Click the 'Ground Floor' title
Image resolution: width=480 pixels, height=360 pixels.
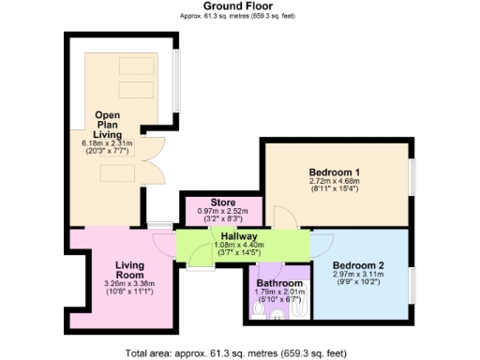coord(239,6)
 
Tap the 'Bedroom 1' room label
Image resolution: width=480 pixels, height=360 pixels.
coord(335,172)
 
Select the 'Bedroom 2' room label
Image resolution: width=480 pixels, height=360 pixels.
coord(360,265)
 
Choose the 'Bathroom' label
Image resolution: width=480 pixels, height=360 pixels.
coord(280,282)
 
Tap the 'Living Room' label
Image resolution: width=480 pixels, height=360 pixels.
coord(123,271)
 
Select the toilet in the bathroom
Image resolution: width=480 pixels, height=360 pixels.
coord(277,315)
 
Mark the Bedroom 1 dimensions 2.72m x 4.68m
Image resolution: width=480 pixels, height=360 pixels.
coord(335,185)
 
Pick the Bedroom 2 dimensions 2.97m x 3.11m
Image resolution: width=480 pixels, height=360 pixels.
coord(360,277)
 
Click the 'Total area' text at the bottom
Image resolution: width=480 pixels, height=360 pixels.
coord(239,352)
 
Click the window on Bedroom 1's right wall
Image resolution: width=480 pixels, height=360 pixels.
coord(411,177)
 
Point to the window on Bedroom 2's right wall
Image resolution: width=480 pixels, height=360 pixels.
coord(411,280)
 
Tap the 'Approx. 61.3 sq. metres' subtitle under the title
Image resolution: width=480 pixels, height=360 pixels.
coord(239,16)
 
